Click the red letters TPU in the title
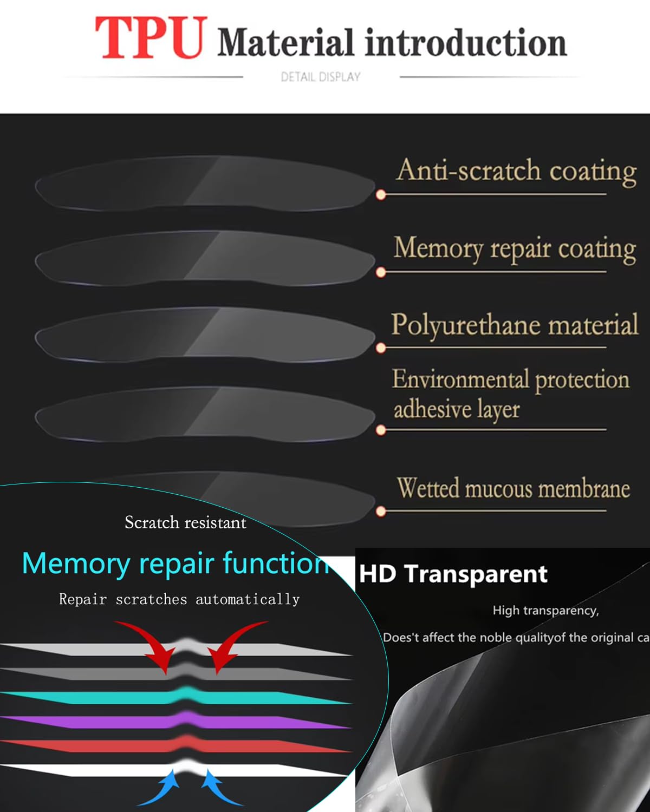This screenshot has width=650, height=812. (151, 38)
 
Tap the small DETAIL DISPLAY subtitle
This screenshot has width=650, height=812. (320, 77)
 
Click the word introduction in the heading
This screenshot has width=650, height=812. (466, 43)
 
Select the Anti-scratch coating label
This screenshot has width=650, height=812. (516, 171)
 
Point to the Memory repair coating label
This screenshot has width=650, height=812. (515, 249)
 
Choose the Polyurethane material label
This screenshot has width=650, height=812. (515, 325)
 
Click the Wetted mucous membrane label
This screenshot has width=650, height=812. (513, 488)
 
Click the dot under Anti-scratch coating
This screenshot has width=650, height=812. (381, 194)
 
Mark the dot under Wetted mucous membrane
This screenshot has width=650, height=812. (381, 512)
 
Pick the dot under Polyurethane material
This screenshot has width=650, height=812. (381, 348)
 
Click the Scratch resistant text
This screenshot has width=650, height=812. (185, 522)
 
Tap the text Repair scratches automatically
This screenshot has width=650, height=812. (179, 599)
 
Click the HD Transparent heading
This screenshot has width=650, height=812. (453, 574)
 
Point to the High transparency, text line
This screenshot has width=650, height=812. (545, 611)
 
